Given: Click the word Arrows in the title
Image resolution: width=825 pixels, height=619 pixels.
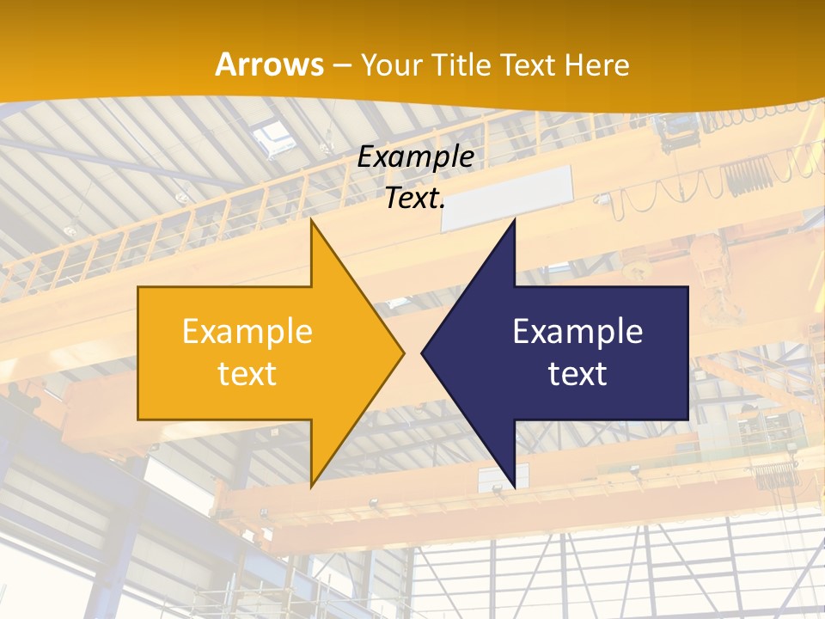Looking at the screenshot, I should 270,64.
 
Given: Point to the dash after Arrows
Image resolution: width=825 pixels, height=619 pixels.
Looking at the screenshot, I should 342,65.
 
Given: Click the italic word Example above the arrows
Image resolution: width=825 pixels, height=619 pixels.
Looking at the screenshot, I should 415,156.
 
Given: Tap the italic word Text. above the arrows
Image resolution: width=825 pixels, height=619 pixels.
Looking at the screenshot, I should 415,199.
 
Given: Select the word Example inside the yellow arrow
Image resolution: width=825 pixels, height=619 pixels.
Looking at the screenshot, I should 247,331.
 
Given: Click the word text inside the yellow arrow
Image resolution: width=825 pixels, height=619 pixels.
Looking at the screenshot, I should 247,373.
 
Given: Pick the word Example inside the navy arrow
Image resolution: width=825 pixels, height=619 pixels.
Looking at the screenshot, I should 577,331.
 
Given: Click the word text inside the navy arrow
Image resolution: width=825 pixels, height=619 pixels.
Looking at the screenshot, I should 577,373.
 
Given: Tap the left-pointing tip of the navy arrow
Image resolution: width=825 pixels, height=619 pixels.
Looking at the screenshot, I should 423,352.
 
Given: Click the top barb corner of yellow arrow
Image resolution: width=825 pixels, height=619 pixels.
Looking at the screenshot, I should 311,221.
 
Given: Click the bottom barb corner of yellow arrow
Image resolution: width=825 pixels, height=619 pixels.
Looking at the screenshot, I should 311,486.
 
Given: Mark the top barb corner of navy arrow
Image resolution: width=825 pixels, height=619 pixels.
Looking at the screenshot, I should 514,221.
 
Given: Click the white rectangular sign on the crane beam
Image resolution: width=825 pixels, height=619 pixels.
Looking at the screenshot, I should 507,198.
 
